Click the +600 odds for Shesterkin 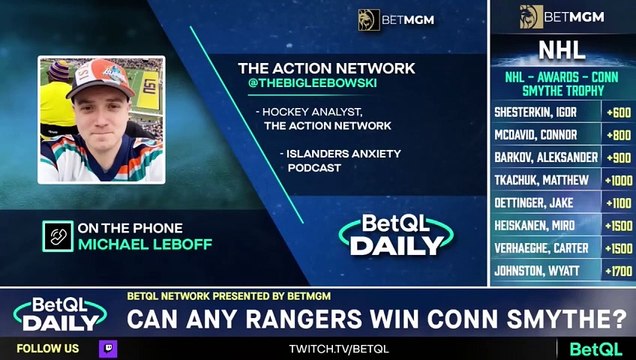click(x=618, y=113)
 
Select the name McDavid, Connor click(x=537, y=135)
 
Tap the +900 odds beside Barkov click(x=618, y=158)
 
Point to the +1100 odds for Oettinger click(x=618, y=203)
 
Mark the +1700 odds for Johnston click(x=618, y=270)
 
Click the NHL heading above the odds click(x=562, y=49)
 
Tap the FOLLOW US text click(x=49, y=349)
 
